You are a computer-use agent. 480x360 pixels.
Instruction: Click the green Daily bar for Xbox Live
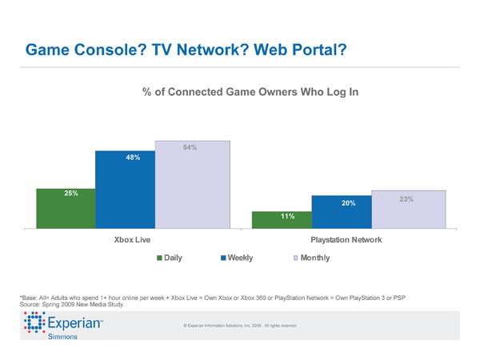click(x=66, y=209)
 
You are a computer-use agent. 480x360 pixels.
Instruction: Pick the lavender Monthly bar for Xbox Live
click(x=193, y=186)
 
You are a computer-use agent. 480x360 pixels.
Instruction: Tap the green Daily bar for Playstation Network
click(x=282, y=221)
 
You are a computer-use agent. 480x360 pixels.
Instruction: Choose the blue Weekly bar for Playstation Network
click(x=342, y=213)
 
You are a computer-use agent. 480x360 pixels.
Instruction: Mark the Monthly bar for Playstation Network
click(x=408, y=210)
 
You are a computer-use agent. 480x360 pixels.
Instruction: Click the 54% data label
click(x=190, y=148)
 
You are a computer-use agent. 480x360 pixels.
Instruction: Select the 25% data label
click(x=70, y=194)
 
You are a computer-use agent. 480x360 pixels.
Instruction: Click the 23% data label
click(x=405, y=198)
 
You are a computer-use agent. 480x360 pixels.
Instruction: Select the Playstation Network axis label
click(x=346, y=240)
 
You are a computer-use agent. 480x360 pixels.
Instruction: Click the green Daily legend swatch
click(x=160, y=258)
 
